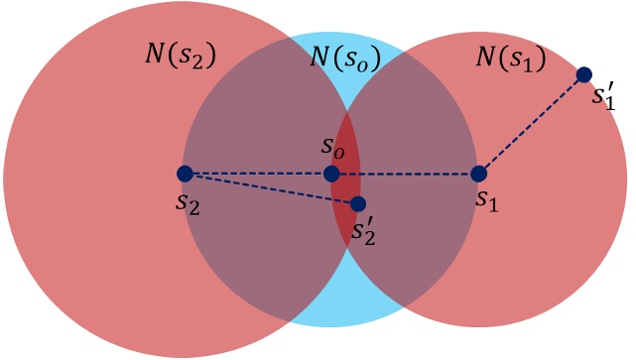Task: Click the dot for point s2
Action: (x=185, y=174)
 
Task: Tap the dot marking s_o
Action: (x=331, y=175)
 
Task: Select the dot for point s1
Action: (x=478, y=175)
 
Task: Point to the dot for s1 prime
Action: (x=584, y=74)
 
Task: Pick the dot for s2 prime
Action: (x=358, y=203)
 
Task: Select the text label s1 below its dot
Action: (x=485, y=200)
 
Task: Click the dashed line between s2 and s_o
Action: (x=258, y=174)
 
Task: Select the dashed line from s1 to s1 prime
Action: (x=531, y=125)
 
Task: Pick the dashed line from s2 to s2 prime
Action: (x=271, y=188)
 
